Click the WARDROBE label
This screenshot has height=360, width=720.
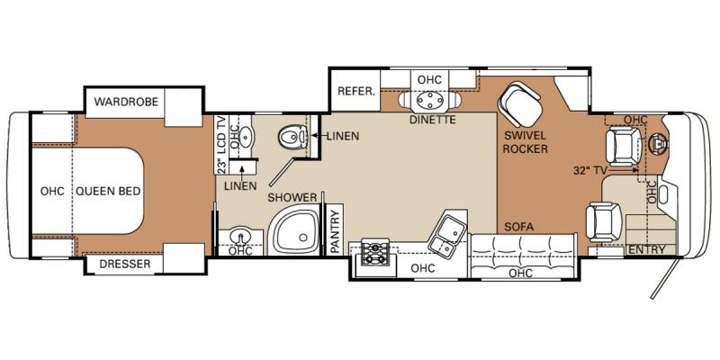(126, 102)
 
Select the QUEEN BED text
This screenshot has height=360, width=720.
(108, 191)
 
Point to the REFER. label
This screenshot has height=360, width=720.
(356, 91)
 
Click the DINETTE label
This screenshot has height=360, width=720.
(434, 120)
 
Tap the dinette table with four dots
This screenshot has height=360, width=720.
(430, 99)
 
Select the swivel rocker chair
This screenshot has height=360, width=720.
(520, 103)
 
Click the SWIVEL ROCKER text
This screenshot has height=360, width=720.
(526, 142)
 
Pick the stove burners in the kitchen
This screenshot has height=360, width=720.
(374, 253)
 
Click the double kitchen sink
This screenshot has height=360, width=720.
(446, 236)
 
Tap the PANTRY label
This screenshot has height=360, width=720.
(336, 231)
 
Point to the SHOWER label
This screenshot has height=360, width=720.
(292, 198)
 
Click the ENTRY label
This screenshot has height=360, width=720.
(646, 250)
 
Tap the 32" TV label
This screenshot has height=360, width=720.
(590, 170)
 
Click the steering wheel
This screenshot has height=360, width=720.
(658, 143)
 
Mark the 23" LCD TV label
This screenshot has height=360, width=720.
(221, 145)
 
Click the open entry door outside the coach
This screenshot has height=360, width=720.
(664, 278)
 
